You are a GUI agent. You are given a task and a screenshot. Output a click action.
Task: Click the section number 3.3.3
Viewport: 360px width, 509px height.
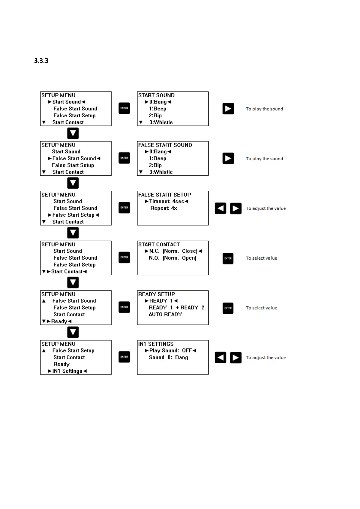coord(41,60)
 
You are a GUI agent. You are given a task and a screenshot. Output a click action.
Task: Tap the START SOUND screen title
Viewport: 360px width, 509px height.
coord(156,95)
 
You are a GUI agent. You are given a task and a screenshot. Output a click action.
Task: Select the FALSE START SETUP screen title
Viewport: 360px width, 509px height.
coord(164,195)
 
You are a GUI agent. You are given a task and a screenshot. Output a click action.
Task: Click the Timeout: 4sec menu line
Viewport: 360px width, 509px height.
coord(166,201)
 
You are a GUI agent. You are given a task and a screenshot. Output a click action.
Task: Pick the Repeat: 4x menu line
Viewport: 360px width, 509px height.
coord(164,208)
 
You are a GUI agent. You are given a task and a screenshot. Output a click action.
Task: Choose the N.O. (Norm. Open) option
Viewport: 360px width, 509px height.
coord(172,258)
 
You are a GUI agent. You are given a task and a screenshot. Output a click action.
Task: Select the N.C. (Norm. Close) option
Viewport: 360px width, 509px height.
coord(173,251)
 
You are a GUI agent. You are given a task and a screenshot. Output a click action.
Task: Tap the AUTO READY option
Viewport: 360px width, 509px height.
coord(165,314)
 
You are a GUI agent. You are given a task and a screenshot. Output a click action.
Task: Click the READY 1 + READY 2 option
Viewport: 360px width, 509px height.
coord(176,307)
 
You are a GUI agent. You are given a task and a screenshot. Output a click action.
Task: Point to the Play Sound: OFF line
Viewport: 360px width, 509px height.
coord(170,351)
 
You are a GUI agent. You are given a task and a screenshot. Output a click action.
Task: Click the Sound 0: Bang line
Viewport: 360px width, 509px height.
coord(168,357)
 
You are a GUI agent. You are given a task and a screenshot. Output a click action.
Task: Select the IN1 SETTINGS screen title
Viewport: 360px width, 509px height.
coord(156,344)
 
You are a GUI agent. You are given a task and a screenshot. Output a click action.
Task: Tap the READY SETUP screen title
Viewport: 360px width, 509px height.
coord(156,294)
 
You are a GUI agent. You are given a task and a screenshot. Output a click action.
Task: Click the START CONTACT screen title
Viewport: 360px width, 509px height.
coord(159,245)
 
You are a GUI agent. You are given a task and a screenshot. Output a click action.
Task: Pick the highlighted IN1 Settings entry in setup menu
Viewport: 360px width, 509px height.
coord(67,371)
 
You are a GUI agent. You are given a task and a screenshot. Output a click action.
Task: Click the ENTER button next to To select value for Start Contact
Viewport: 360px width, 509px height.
coord(228,258)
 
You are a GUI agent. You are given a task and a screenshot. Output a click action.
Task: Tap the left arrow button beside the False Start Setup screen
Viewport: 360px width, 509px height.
coord(220,208)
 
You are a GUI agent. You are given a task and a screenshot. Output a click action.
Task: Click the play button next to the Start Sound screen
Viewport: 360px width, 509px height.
coord(228,109)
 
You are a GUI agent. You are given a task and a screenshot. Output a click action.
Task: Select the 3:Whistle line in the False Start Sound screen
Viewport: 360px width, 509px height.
coord(161,172)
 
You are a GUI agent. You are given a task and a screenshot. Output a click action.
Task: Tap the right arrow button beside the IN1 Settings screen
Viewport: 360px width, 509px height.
coord(236,358)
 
